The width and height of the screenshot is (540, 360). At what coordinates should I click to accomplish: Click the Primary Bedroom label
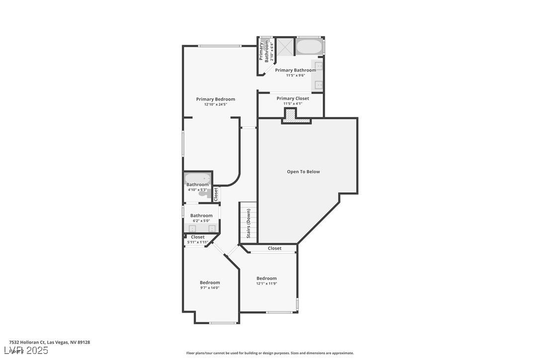pos(215,99)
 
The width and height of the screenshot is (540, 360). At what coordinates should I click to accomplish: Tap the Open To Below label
pos(303,172)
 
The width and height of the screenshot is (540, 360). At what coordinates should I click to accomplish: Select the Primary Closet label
pos(293,98)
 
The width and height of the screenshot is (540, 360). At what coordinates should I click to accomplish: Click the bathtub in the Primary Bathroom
pos(309,47)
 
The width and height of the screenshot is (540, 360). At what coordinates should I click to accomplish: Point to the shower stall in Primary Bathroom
pos(285,47)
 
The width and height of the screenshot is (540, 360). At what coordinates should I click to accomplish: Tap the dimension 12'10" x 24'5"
pos(215,105)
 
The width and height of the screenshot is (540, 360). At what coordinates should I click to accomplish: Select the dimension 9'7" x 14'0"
pos(210,288)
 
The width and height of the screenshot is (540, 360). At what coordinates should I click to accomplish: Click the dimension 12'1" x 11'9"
pos(267,284)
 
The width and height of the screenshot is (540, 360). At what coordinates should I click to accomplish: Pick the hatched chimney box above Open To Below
pos(289,114)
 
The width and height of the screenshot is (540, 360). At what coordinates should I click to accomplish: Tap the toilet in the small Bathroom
pos(204,193)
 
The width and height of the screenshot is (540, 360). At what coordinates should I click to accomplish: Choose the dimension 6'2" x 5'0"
pos(201,221)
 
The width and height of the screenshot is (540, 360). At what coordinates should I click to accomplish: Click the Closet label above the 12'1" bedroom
pos(274,248)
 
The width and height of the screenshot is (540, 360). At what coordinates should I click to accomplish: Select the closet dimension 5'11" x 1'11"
pos(197,242)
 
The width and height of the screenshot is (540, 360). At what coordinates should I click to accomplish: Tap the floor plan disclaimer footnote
pos(270,353)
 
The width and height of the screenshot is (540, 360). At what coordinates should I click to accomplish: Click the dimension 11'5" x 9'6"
pos(295,76)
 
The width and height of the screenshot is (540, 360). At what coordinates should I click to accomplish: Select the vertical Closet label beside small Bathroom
pos(216,193)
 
